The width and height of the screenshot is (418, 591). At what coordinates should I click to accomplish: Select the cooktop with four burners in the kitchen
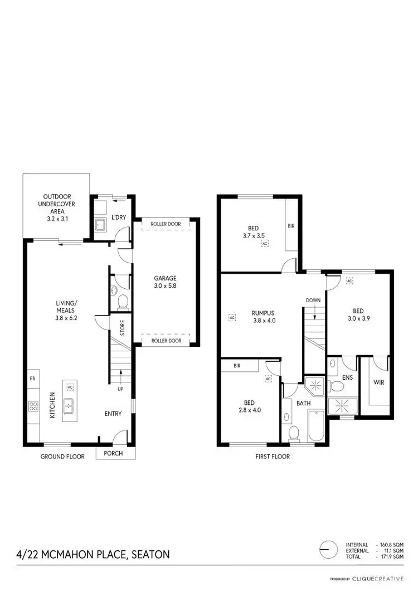pyautogui.click(x=33, y=406)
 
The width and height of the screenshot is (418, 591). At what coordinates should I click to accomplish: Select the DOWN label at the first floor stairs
pyautogui.click(x=313, y=301)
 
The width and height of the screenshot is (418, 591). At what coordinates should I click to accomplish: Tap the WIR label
pyautogui.click(x=378, y=383)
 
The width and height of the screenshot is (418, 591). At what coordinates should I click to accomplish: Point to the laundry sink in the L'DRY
pyautogui.click(x=101, y=225)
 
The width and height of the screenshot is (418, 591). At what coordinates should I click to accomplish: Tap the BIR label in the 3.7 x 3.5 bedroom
pyautogui.click(x=291, y=226)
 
